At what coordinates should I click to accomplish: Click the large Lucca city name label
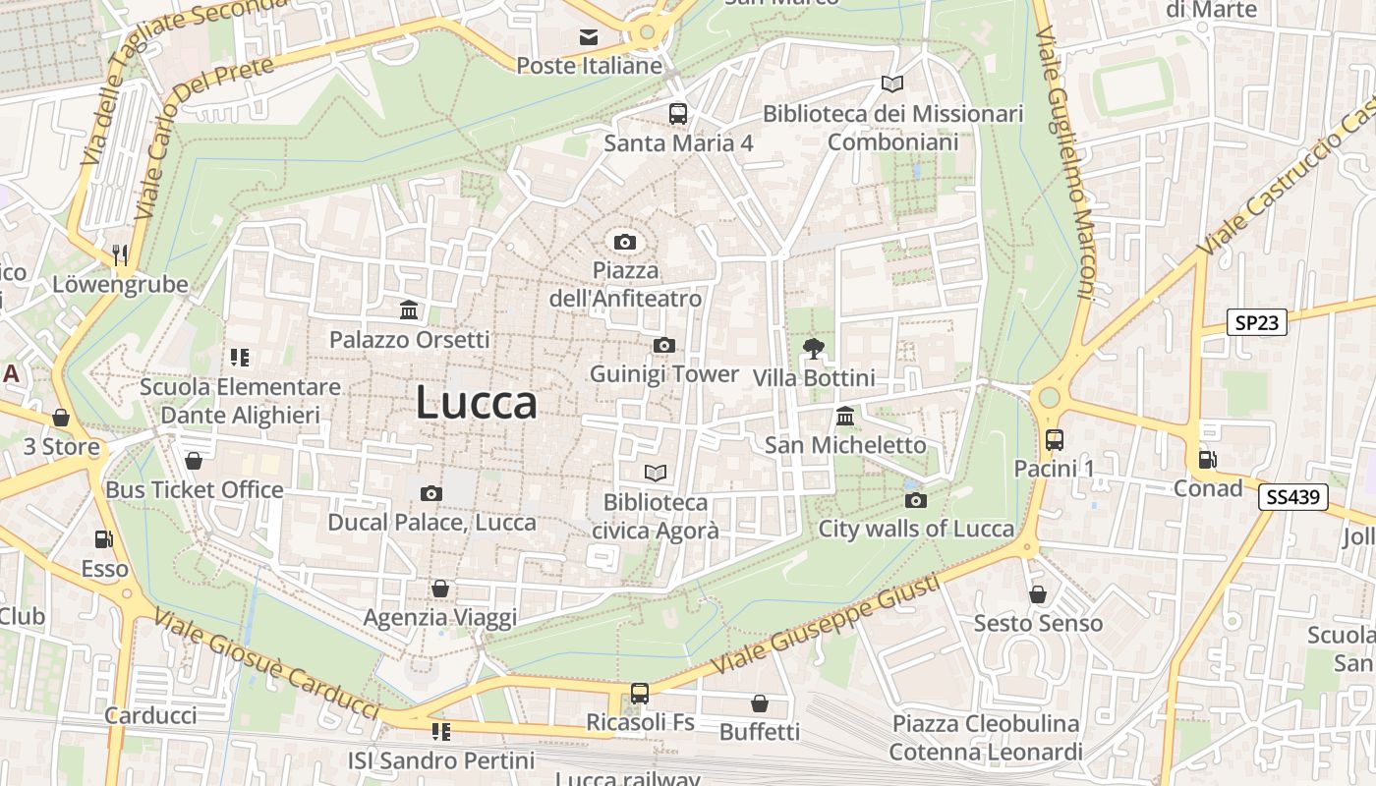[x=477, y=403]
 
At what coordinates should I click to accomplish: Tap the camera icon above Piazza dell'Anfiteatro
[x=624, y=242]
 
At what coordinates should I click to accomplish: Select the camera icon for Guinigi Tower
[x=664, y=345]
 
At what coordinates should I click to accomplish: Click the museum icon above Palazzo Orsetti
[x=409, y=310]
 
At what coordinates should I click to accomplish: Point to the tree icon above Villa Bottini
[x=813, y=348]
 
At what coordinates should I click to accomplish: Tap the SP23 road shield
[x=1257, y=321]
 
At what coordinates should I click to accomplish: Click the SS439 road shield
[x=1292, y=497]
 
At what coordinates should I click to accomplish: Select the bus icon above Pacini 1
[x=1055, y=439]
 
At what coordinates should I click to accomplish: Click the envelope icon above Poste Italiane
[x=589, y=37]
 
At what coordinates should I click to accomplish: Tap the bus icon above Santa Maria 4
[x=678, y=113]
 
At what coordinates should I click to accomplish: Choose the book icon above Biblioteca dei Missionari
[x=892, y=84]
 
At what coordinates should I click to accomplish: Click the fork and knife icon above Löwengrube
[x=120, y=255]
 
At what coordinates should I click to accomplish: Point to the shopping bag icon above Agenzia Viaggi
[x=440, y=589]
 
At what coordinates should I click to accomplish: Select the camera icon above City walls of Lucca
[x=916, y=501]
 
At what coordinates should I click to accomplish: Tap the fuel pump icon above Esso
[x=103, y=539]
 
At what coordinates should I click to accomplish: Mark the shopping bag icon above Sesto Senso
[x=1038, y=594]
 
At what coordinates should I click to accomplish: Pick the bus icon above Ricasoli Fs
[x=640, y=693]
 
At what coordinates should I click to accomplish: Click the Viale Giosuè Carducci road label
[x=265, y=665]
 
